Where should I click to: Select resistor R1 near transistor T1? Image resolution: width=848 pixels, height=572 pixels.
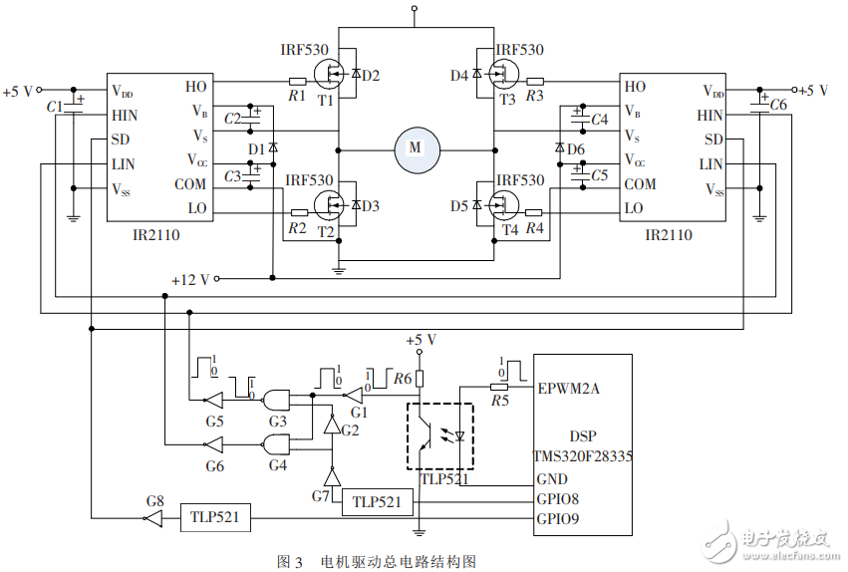(x=297, y=81)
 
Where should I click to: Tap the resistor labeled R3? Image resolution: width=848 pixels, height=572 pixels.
(x=535, y=81)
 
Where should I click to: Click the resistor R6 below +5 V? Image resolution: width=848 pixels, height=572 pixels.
(x=420, y=379)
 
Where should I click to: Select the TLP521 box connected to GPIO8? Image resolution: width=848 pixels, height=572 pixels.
(x=377, y=502)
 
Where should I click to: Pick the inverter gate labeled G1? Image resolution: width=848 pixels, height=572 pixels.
(x=354, y=396)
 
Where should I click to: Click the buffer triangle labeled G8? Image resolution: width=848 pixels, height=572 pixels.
(x=152, y=518)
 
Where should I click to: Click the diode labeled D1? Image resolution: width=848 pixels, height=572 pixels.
(x=272, y=148)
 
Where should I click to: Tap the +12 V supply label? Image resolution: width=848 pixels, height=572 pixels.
(x=189, y=279)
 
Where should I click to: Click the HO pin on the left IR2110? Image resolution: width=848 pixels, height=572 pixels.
(x=196, y=87)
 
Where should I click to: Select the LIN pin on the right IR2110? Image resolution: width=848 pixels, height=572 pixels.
(x=710, y=163)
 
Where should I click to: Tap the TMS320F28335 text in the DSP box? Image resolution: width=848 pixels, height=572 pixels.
(x=583, y=456)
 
